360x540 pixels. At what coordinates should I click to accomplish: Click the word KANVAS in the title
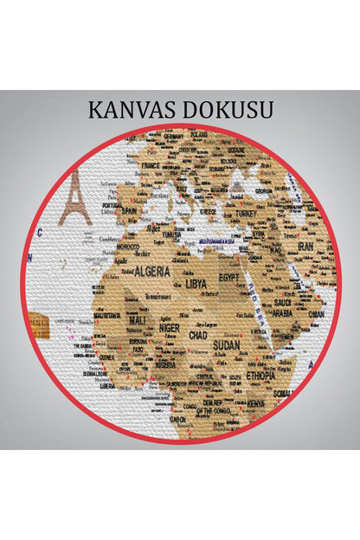click(130, 110)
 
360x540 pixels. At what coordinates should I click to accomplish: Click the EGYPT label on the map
click(228, 278)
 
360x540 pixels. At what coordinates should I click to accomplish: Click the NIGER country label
click(170, 328)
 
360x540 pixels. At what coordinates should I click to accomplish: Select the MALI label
click(138, 320)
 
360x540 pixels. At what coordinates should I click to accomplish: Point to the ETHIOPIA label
click(260, 376)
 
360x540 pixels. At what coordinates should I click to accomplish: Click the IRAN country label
click(305, 246)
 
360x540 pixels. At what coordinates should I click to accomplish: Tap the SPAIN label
click(130, 209)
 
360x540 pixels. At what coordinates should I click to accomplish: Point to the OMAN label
click(316, 314)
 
